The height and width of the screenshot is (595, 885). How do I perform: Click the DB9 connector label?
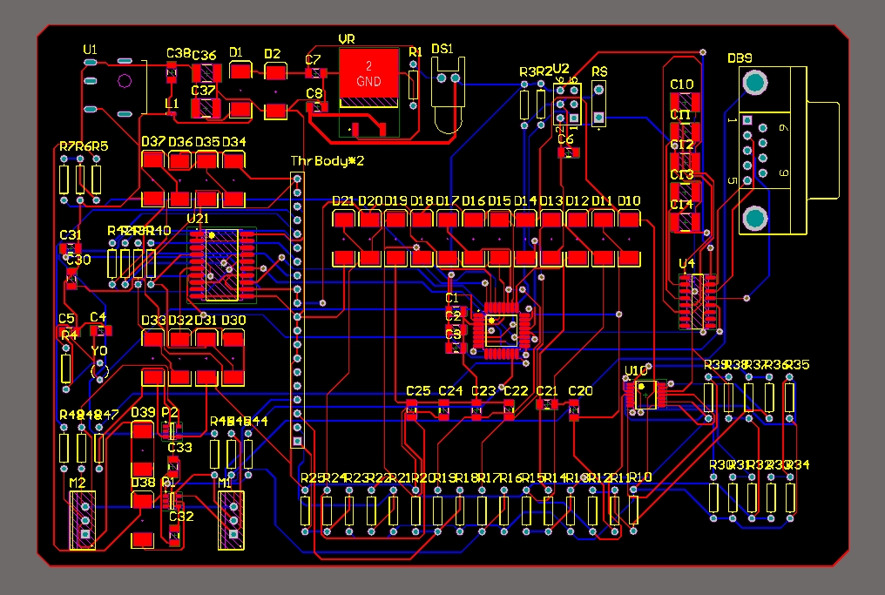click(x=740, y=57)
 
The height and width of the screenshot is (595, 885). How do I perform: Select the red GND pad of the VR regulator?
click(x=368, y=74)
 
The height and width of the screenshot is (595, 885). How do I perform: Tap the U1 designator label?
click(x=90, y=51)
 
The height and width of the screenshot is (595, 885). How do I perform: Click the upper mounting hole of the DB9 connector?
click(x=754, y=83)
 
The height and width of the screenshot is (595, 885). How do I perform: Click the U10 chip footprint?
click(x=646, y=395)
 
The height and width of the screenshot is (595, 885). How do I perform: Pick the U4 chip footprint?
click(x=698, y=301)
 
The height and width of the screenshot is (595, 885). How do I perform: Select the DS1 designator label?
click(x=442, y=50)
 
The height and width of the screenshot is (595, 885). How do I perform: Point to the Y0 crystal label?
click(x=99, y=350)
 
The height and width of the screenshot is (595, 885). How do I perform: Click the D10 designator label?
click(x=629, y=200)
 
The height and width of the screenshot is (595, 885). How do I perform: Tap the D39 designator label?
click(x=142, y=412)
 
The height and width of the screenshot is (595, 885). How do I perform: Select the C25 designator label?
click(x=418, y=390)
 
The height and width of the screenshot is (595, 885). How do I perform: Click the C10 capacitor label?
click(x=681, y=84)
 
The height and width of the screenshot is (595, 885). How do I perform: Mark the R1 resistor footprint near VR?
click(x=414, y=85)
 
